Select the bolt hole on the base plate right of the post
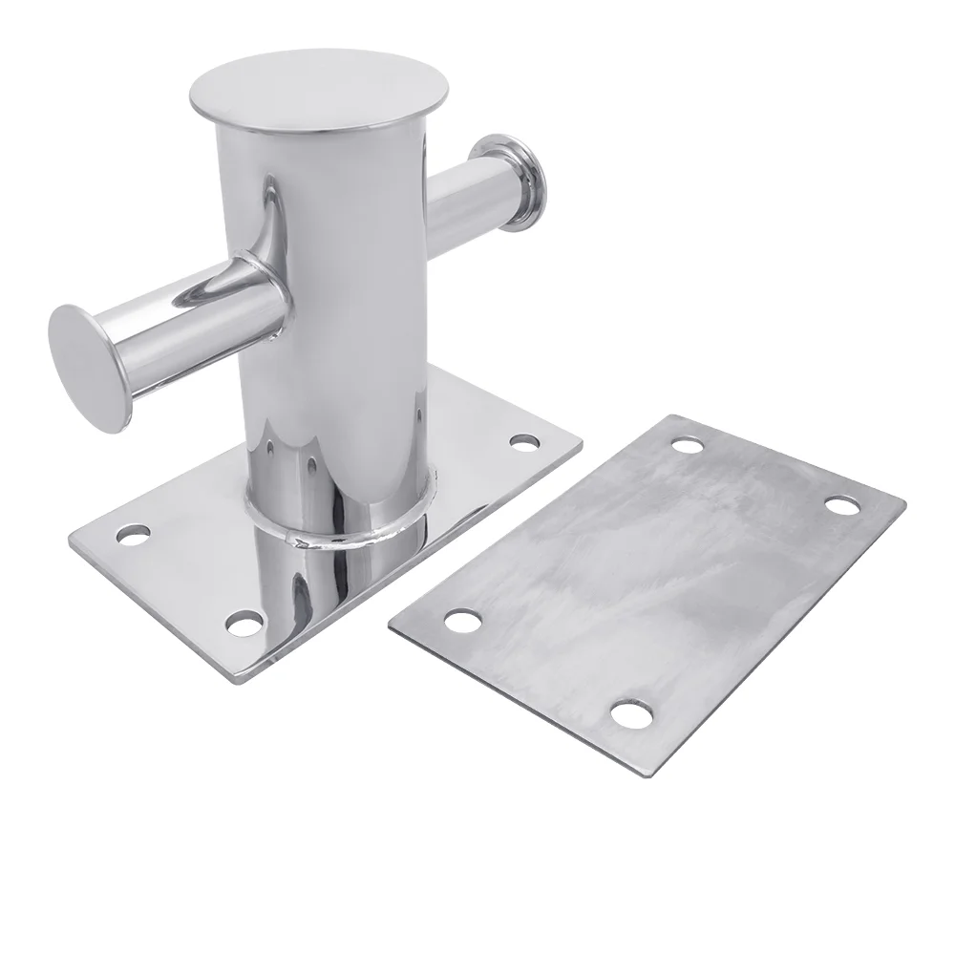pyautogui.click(x=523, y=442)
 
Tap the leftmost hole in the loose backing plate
pyautogui.click(x=464, y=623)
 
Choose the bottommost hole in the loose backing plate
pyautogui.click(x=626, y=712)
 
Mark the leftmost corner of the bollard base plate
pyautogui.click(x=72, y=541)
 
